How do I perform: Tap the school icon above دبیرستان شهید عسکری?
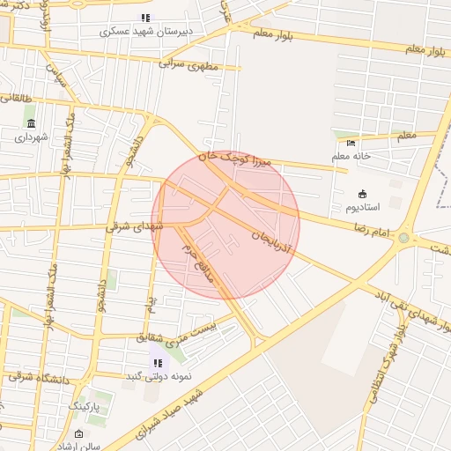(x=145, y=18)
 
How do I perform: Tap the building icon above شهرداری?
(x=32, y=123)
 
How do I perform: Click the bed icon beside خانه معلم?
(x=351, y=144)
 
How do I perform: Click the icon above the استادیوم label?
(x=362, y=193)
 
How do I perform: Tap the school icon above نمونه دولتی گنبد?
(x=158, y=362)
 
